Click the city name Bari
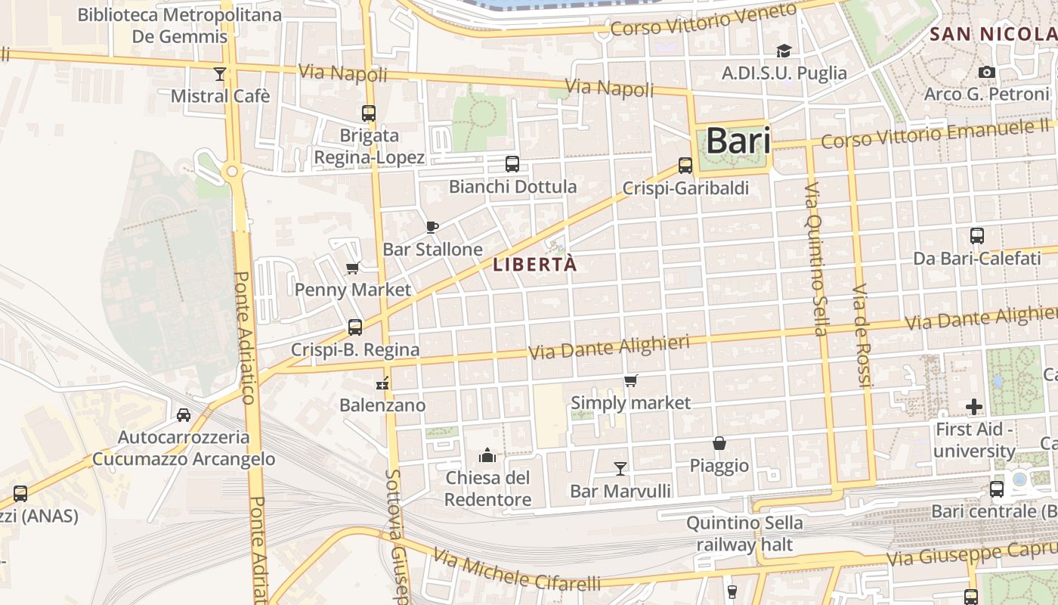tap(738, 141)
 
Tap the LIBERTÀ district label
tap(534, 265)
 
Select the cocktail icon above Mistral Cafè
tap(220, 73)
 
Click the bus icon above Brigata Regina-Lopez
tap(369, 113)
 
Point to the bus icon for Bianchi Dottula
tap(512, 163)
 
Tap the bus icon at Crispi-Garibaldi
tap(685, 165)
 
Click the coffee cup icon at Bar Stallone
tap(432, 227)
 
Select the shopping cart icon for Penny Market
tap(352, 268)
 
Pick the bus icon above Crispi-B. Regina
tap(355, 327)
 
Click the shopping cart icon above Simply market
tap(630, 380)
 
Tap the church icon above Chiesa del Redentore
tap(487, 455)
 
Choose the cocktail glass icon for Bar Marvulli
tap(620, 469)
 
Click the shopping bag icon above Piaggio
tap(719, 443)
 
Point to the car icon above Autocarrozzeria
tap(183, 414)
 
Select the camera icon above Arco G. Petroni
tap(986, 73)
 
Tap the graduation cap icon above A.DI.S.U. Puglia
tap(784, 51)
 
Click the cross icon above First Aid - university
tap(974, 407)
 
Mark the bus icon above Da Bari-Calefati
tap(977, 235)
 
